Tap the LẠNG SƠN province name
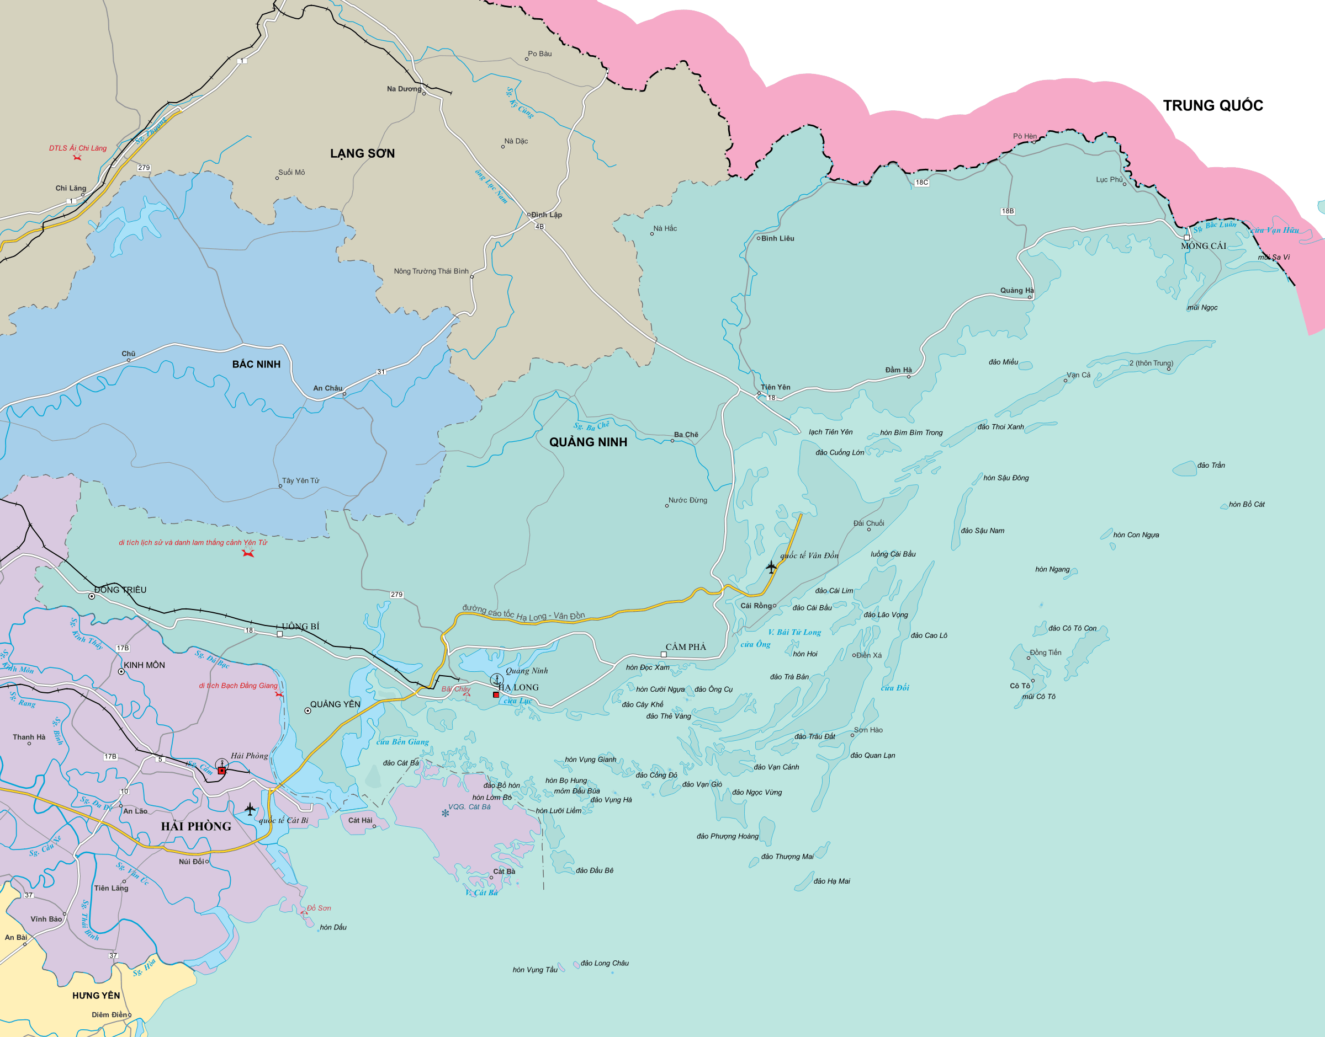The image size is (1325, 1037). click(362, 153)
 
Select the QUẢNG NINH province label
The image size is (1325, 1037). click(588, 442)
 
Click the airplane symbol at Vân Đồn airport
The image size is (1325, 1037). click(771, 567)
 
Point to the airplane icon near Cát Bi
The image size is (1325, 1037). click(250, 809)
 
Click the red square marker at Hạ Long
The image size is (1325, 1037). click(496, 694)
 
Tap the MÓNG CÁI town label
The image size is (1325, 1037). click(1203, 246)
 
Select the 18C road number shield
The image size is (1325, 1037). click(921, 182)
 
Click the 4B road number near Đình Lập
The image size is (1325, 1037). click(539, 227)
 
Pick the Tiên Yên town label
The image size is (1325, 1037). click(775, 387)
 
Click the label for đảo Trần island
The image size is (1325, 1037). click(1211, 466)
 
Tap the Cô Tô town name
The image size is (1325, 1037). click(1020, 686)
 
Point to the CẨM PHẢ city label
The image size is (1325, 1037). click(686, 647)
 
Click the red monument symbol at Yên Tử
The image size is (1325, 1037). click(248, 553)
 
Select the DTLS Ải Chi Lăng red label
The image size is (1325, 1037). click(78, 148)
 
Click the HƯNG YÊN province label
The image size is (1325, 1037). click(96, 996)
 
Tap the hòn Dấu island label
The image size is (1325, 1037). click(333, 927)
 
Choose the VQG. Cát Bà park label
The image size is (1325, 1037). click(469, 807)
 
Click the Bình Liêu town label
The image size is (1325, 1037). click(778, 239)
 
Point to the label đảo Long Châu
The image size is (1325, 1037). click(605, 964)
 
